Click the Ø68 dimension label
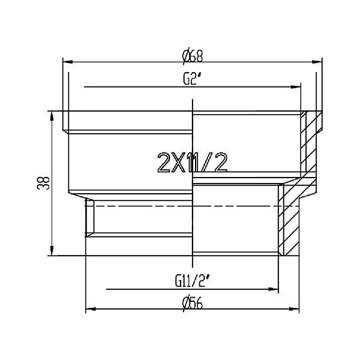point(193,55)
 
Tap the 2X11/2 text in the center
point(193,162)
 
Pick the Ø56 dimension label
point(193,303)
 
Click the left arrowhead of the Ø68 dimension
point(67,61)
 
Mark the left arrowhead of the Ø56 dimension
point(89,310)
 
